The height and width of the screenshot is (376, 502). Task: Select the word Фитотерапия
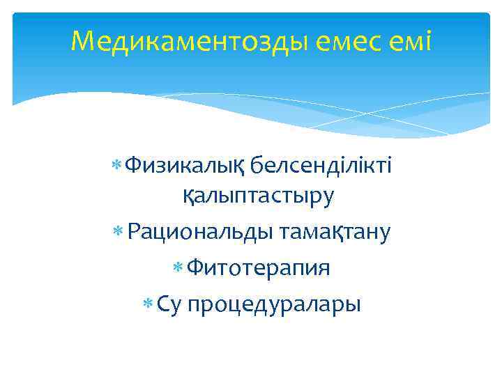pos(258,267)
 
